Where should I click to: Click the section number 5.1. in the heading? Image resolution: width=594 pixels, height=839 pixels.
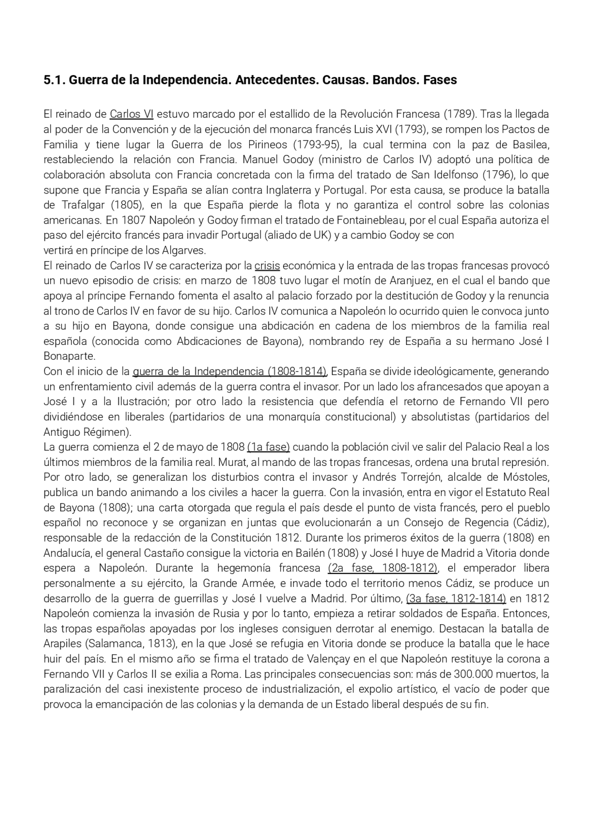coord(55,80)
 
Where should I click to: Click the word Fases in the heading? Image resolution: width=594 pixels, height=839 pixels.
coord(440,80)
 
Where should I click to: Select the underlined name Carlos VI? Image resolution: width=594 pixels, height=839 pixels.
coord(131,114)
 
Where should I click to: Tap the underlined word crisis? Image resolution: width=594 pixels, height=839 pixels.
coord(267,266)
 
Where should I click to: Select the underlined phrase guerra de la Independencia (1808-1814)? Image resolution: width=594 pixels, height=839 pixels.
coord(230,372)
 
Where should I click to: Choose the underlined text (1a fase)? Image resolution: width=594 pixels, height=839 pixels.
coord(268,447)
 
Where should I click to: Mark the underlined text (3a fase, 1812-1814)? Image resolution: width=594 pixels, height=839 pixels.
coord(456,599)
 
